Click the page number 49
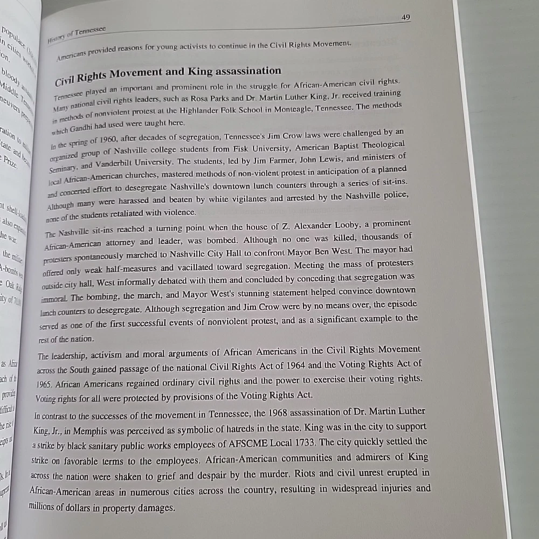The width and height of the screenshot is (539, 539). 406,17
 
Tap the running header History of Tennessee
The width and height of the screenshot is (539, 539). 77,34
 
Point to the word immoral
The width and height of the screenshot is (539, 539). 54,298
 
